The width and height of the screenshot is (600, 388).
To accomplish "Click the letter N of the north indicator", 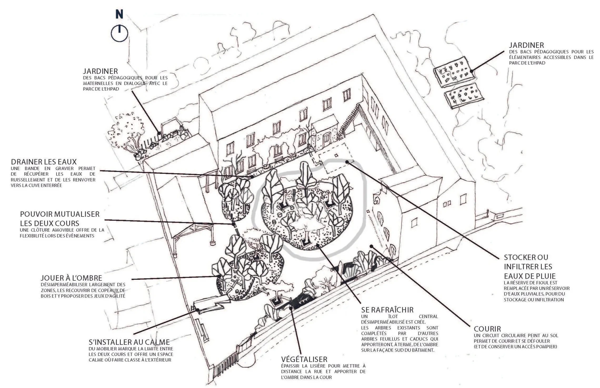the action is pos(119,14).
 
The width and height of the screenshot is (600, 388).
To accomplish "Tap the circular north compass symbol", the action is pos(119,34).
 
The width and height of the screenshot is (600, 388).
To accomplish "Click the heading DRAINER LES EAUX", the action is pos(44,162).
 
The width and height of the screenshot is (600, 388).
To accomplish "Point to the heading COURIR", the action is pos(487,329).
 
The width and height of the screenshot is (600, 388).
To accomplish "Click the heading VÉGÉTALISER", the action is pos(304,359).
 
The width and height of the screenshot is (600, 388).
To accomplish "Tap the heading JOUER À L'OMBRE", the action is pos(71,278).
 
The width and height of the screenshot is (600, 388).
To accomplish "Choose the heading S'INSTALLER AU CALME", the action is pos(129,342).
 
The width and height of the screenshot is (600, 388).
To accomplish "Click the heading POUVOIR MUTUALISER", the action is pos(60,214).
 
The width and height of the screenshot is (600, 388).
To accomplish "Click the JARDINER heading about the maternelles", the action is pos(101,71).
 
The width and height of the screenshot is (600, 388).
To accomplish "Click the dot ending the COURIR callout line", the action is pos(371,246).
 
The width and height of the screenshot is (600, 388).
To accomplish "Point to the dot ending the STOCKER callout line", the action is pos(347,162).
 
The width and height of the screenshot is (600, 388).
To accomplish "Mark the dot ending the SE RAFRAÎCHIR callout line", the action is pos(318,245).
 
